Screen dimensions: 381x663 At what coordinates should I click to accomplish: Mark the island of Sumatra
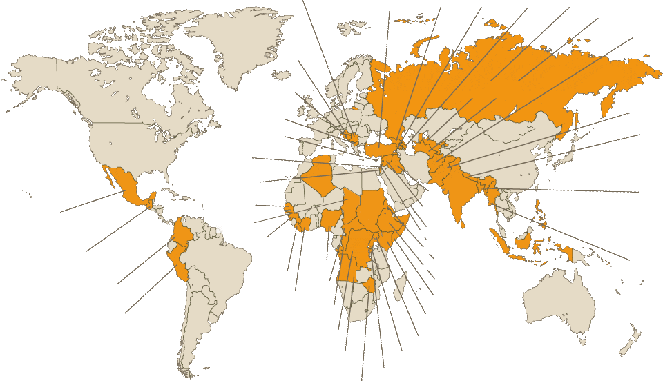pyautogui.click(x=499, y=242)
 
